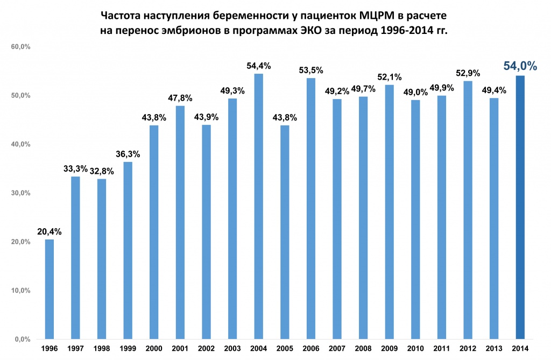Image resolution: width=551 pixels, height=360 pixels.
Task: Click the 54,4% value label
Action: click(258, 66)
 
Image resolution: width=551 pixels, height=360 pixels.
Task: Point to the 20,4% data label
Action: click(50, 232)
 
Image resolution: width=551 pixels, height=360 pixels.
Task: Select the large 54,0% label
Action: click(520, 66)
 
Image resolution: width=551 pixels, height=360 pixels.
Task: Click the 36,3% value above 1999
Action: click(128, 154)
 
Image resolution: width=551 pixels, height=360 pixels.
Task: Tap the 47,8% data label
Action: click(180, 98)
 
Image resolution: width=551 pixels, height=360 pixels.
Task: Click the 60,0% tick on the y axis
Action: click(20, 47)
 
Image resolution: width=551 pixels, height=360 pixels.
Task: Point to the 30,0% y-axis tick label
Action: click(20, 193)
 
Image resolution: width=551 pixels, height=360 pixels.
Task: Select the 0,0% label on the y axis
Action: click(22, 340)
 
